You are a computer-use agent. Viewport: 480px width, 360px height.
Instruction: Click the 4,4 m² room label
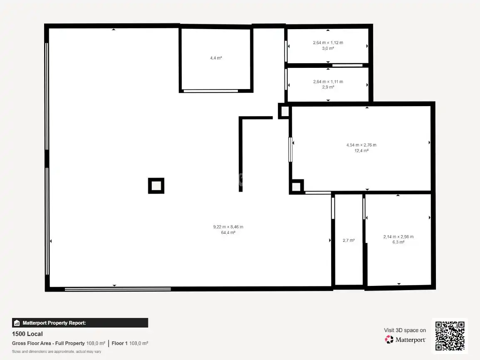(x=216, y=58)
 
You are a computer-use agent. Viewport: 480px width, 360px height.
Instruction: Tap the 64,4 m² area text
(x=228, y=233)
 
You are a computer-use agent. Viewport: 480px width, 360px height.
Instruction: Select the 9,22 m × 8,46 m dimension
(x=228, y=227)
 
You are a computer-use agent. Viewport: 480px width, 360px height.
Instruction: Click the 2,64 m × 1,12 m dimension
(x=328, y=42)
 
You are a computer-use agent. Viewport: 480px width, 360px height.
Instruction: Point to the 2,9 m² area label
(x=328, y=87)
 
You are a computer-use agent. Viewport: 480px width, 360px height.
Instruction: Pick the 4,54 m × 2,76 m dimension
(x=361, y=145)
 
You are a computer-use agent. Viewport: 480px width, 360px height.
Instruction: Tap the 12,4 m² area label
(x=361, y=151)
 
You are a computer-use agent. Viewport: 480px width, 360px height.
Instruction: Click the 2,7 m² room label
(x=349, y=241)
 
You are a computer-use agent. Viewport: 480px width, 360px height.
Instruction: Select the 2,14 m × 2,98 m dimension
(x=398, y=237)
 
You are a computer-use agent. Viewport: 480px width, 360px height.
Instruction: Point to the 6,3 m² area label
(x=398, y=242)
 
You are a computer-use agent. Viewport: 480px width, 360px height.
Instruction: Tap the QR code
(x=450, y=336)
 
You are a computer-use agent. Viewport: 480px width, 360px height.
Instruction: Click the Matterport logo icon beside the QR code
(x=389, y=340)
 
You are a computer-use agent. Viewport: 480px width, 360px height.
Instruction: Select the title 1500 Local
(x=27, y=334)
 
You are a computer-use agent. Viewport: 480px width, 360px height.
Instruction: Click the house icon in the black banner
(x=17, y=323)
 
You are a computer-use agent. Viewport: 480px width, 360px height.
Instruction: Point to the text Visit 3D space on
(x=405, y=330)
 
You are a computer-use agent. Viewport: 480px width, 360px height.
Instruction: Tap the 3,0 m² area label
(x=328, y=48)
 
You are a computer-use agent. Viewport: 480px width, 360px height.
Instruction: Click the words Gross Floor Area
(x=31, y=343)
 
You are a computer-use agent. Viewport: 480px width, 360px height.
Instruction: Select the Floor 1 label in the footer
(x=119, y=343)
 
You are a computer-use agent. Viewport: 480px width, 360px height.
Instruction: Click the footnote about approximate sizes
(x=57, y=351)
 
